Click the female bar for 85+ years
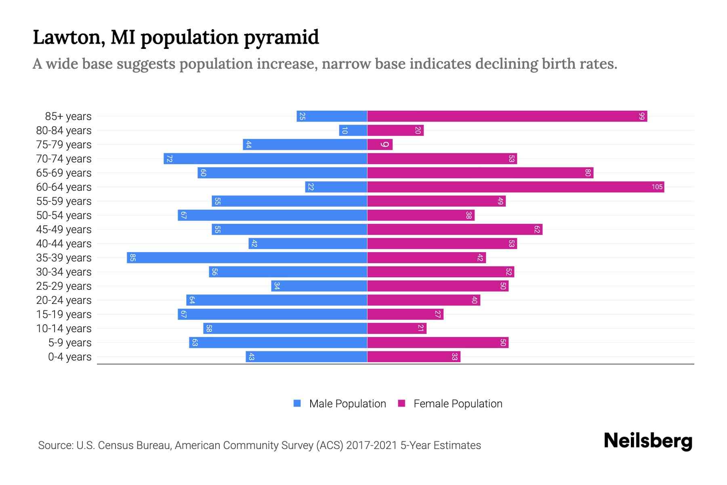pyautogui.click(x=507, y=116)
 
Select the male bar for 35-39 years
pyautogui.click(x=247, y=258)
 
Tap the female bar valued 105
pyautogui.click(x=515, y=187)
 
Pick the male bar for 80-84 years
pyautogui.click(x=353, y=131)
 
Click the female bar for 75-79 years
pyautogui.click(x=380, y=145)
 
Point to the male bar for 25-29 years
pyautogui.click(x=319, y=286)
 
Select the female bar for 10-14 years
pyautogui.click(x=397, y=329)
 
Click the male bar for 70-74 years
pyautogui.click(x=265, y=159)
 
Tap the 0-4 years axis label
pyautogui.click(x=69, y=357)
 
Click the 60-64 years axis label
pyautogui.click(x=64, y=187)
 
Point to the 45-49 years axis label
pyautogui.click(x=64, y=230)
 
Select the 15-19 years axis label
pyautogui.click(x=64, y=314)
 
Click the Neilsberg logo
pyautogui.click(x=648, y=441)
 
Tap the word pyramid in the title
pyautogui.click(x=282, y=38)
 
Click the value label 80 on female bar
pyautogui.click(x=588, y=173)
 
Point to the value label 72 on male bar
pyautogui.click(x=169, y=159)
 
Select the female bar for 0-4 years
pyautogui.click(x=414, y=357)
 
